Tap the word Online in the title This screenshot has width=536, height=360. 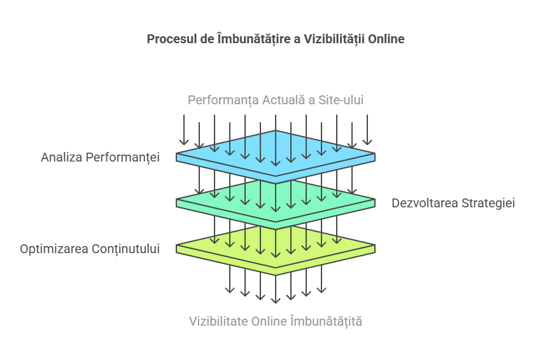[386, 39]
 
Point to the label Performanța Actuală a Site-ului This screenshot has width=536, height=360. [276, 100]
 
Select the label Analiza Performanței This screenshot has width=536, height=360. [100, 157]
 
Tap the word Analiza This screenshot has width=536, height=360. [62, 157]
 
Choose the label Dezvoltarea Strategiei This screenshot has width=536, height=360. [453, 203]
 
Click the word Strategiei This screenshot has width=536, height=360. [488, 203]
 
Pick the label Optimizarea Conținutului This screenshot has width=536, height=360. [90, 249]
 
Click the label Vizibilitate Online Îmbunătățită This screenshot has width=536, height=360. [276, 321]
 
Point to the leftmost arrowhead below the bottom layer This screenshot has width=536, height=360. [230, 290]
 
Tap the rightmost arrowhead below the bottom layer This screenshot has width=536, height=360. [321, 290]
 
